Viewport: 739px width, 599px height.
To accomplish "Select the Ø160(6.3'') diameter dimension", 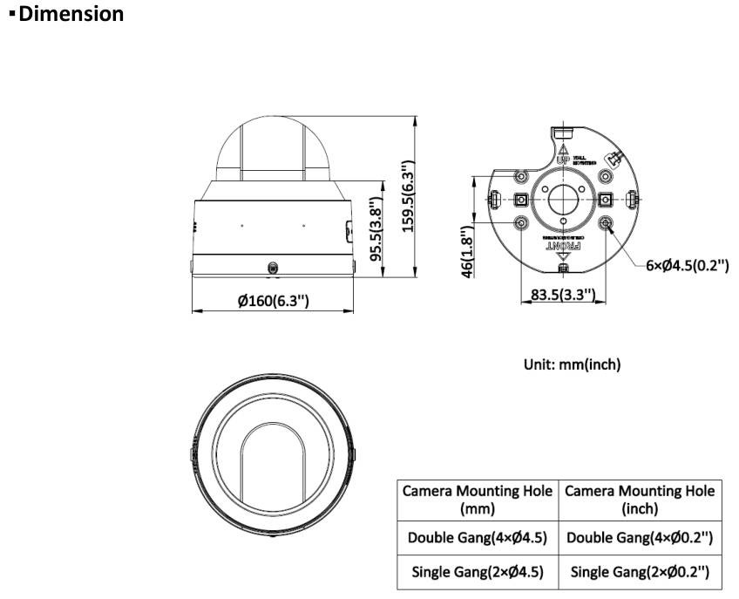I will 273,301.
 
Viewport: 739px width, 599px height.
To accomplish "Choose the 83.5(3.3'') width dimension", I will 563,296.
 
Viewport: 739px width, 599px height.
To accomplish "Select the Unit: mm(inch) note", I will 572,365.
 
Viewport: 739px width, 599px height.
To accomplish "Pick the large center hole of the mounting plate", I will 564,198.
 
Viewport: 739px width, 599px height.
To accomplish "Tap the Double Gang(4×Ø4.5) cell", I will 477,538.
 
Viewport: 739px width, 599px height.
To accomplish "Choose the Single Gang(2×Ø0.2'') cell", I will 640,572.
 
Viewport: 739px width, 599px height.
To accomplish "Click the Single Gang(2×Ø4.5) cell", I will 477,572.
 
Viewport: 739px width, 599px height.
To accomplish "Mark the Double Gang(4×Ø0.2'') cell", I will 640,538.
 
